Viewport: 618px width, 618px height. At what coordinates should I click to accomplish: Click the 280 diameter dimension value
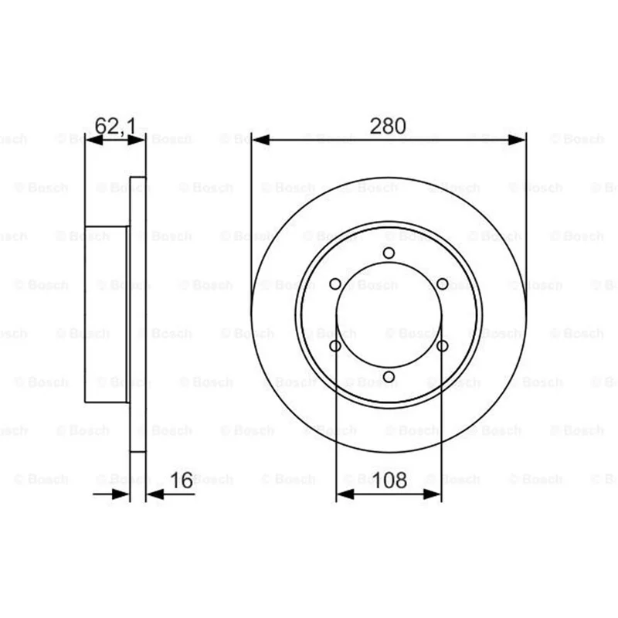pos(388,126)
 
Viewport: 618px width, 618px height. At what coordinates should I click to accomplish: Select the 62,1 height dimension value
pos(115,127)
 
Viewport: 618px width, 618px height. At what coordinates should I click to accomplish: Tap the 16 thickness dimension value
pos(182,480)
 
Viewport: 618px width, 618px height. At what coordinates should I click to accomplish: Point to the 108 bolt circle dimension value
pos(389,480)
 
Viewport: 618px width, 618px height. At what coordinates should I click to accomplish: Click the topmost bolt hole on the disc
pos(389,253)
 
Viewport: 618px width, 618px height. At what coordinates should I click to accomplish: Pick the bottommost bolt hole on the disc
pos(389,377)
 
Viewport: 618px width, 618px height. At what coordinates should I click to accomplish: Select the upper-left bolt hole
pos(335,284)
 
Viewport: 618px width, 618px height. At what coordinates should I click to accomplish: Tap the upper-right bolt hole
pos(442,284)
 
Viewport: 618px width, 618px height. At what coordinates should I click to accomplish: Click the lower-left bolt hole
pos(335,346)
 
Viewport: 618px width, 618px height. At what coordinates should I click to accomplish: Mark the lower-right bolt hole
pos(442,346)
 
